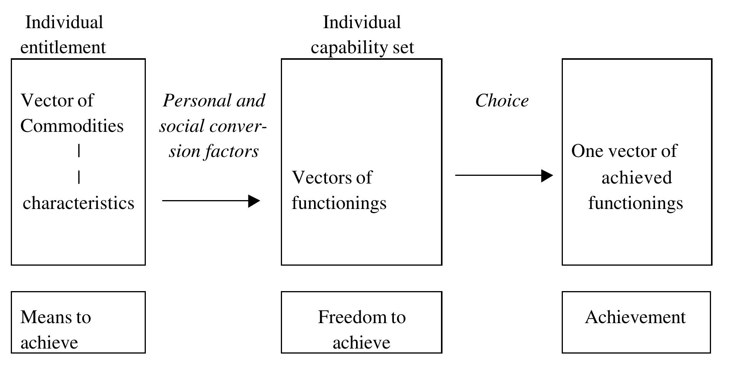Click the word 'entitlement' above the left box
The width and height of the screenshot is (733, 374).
tap(63, 48)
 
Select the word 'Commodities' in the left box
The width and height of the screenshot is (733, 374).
tap(72, 126)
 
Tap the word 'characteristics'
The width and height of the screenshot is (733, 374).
tap(78, 203)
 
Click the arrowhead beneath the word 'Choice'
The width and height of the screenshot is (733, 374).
tap(547, 175)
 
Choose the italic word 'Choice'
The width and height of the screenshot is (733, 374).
tap(502, 101)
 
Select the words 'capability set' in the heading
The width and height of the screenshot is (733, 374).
tap(362, 48)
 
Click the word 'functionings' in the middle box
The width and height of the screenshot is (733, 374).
tap(339, 203)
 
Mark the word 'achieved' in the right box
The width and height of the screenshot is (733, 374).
tap(637, 178)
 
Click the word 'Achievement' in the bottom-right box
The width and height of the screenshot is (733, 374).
tap(635, 317)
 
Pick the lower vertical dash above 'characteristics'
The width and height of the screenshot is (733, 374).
tap(79, 177)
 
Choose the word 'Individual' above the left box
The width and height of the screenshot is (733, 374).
tap(64, 22)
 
